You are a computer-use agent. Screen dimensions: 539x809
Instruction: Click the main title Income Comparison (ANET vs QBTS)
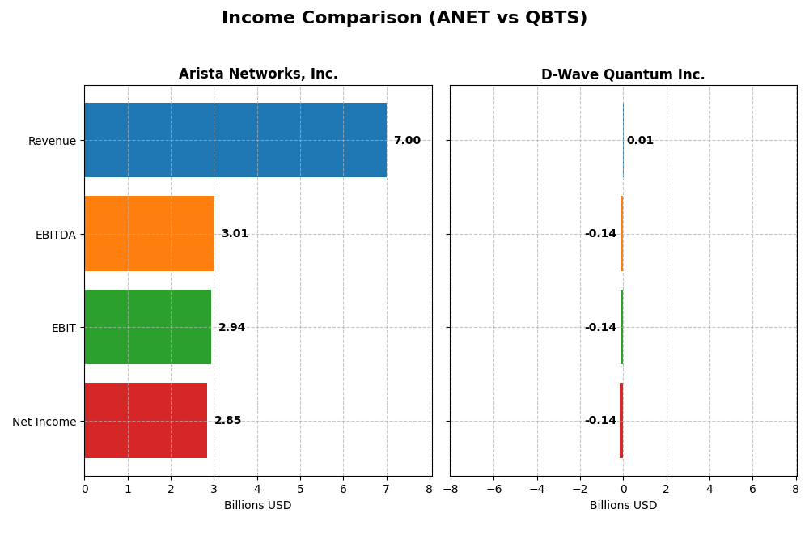[x=404, y=18]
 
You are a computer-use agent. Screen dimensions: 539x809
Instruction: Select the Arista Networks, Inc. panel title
[x=258, y=74]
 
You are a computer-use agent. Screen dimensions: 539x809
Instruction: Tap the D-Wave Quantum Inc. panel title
[x=623, y=75]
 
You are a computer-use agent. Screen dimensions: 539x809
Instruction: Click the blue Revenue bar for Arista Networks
[x=235, y=140]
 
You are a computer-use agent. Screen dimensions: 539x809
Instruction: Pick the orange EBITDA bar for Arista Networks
[x=149, y=234]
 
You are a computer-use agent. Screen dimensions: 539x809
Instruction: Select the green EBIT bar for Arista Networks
[x=147, y=327]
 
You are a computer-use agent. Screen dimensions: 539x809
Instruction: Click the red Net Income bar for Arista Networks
[x=146, y=421]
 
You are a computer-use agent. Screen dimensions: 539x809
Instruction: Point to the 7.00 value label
[x=407, y=141]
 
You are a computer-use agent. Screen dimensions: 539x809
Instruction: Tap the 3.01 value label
[x=235, y=234]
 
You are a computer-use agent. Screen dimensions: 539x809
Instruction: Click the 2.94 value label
[x=231, y=328]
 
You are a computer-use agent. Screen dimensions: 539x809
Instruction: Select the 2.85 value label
[x=227, y=421]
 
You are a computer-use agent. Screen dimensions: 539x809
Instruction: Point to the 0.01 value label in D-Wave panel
[x=640, y=141]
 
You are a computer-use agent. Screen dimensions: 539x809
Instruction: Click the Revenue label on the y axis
[x=52, y=141]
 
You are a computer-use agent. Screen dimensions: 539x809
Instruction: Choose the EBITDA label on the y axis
[x=55, y=235]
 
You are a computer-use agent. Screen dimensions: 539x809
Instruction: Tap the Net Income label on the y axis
[x=44, y=422]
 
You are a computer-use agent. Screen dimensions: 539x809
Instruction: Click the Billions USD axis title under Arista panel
[x=257, y=505]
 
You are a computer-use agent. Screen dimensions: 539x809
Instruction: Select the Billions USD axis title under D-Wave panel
[x=623, y=505]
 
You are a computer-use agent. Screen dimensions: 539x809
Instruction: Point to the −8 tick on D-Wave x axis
[x=450, y=489]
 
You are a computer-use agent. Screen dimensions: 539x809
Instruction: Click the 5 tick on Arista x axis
[x=300, y=489]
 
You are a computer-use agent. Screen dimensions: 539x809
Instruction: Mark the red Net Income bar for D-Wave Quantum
[x=621, y=421]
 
